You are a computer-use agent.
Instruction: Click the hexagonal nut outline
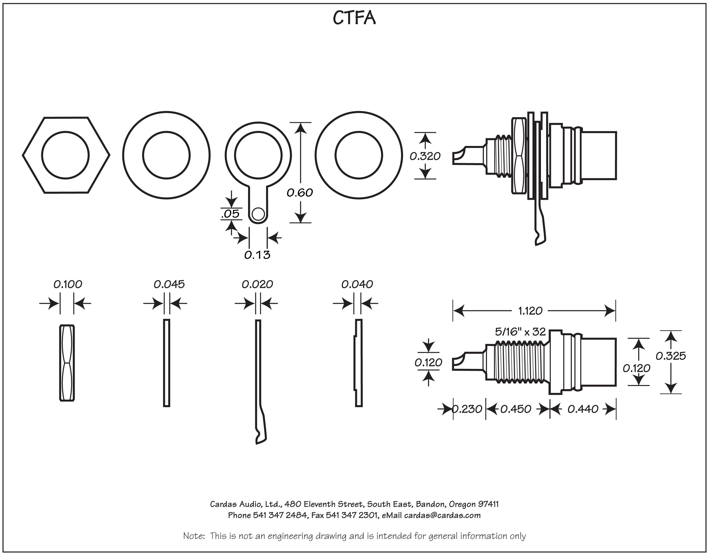point(66,155)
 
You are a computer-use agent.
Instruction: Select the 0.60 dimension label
point(300,193)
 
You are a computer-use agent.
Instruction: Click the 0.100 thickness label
point(68,284)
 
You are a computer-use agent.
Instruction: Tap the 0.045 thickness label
point(169,284)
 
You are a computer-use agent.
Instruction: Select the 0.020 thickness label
point(257,284)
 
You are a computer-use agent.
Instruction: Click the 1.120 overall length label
point(530,311)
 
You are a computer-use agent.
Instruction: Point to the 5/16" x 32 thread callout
point(520,332)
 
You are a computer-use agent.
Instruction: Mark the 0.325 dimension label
point(670,356)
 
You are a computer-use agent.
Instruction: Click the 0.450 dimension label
point(516,409)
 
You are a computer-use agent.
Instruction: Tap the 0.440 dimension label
point(583,409)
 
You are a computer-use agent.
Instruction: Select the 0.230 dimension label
point(467,409)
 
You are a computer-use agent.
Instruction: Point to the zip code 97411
point(488,504)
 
